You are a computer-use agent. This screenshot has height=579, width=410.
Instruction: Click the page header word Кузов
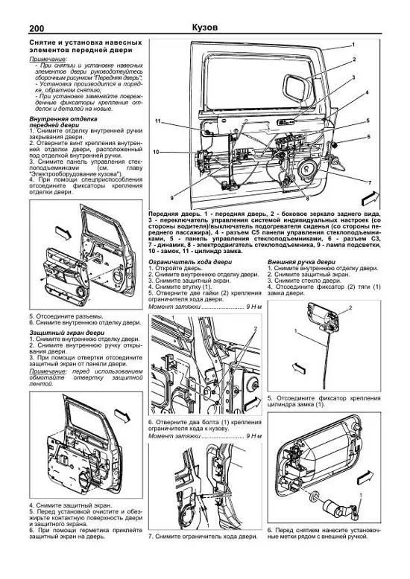coord(204,27)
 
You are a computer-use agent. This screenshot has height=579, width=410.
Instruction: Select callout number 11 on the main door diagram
coord(158,121)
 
